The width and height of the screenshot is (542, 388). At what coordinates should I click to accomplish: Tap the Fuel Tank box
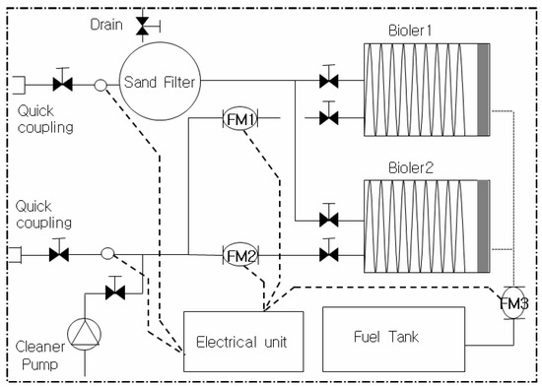pos(393,338)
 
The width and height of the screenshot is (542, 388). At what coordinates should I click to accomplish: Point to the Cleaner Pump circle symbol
pos(85,335)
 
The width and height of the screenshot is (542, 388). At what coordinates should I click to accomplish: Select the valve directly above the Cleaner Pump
pos(116,291)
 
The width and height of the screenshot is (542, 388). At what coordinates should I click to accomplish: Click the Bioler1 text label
pos(419,31)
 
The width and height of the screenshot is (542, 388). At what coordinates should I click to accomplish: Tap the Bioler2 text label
pos(419,166)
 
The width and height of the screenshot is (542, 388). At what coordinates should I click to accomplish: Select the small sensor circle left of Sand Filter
pos(101,86)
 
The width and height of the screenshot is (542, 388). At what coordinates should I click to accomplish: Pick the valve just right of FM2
pos(328,255)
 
